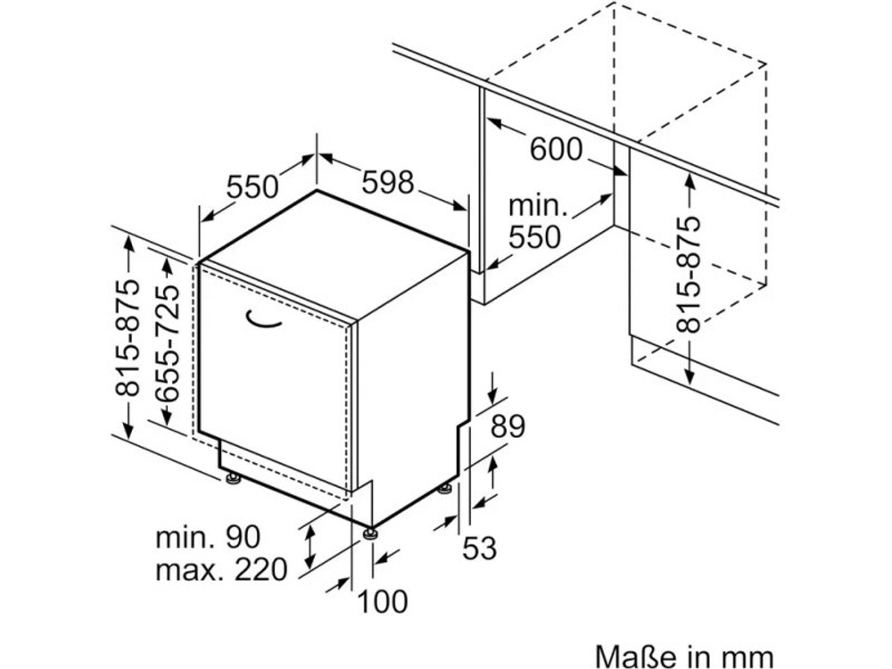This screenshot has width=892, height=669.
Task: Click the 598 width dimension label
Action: [x=389, y=183]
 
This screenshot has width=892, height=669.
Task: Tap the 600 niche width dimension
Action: [x=556, y=149]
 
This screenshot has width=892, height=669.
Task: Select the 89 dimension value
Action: [x=508, y=425]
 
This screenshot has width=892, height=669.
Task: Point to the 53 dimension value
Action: [x=479, y=549]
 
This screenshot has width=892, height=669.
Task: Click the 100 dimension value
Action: [x=383, y=601]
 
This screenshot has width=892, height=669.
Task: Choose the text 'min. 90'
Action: [x=208, y=537]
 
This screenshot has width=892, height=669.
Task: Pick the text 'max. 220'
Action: [x=221, y=569]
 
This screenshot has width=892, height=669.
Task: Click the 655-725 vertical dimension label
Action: [x=168, y=338]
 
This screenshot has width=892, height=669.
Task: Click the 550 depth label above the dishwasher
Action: [x=253, y=187]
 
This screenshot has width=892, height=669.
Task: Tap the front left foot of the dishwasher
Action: [x=234, y=479]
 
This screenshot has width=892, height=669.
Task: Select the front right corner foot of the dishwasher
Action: [x=369, y=533]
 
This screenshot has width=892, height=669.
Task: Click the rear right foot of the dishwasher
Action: [x=444, y=487]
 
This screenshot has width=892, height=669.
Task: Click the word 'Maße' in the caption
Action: [x=634, y=656]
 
